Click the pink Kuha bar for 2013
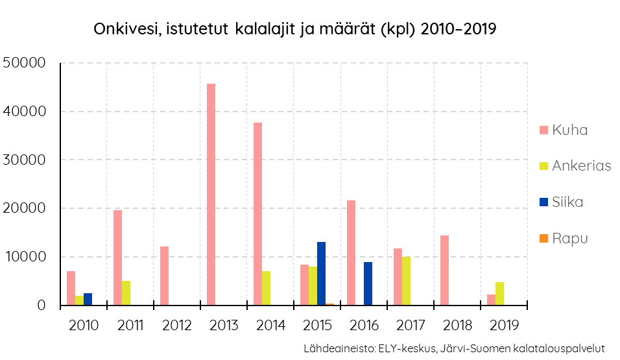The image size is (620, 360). [x=211, y=195]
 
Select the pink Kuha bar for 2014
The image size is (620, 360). [x=258, y=214]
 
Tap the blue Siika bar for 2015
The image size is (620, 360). [x=321, y=273]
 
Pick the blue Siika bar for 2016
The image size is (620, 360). [x=368, y=283]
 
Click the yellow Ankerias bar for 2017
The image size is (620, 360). [x=406, y=281]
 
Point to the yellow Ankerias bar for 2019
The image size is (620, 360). [x=499, y=293]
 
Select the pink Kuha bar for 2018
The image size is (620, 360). [x=444, y=270]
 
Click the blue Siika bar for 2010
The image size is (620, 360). [x=88, y=299]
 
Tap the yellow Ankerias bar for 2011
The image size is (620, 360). [x=126, y=293]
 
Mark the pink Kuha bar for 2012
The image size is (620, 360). [x=165, y=276]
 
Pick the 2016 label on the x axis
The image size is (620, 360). [x=364, y=325]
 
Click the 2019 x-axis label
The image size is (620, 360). [x=504, y=325]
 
